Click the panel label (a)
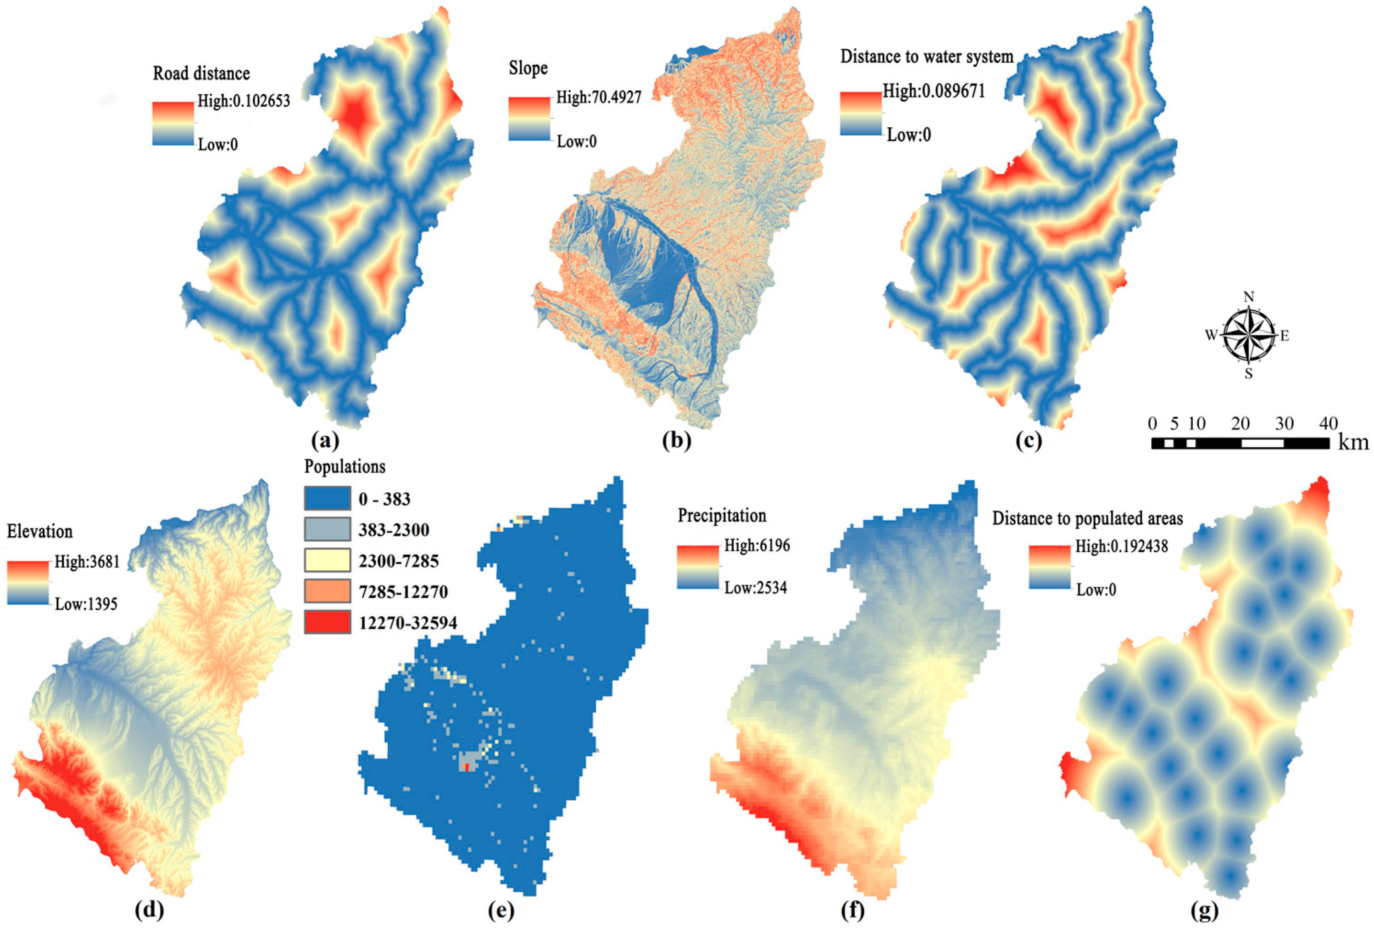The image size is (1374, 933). point(325,441)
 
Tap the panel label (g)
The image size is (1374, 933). point(1204,911)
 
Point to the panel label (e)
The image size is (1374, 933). point(501,911)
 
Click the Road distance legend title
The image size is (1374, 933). point(201,73)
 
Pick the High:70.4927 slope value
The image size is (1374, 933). point(598,97)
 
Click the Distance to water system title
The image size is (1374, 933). point(926,57)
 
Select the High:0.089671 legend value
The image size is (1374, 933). point(934,91)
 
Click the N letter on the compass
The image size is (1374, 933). point(1249,297)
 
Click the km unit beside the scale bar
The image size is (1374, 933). point(1353,443)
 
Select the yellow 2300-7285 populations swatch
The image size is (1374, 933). point(327,560)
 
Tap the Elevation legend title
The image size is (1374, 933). point(39,531)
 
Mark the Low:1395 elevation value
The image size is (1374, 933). point(86,604)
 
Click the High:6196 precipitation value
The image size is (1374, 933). point(757,545)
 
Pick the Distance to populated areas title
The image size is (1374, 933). point(1087,519)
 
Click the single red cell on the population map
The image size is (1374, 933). point(467,767)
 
